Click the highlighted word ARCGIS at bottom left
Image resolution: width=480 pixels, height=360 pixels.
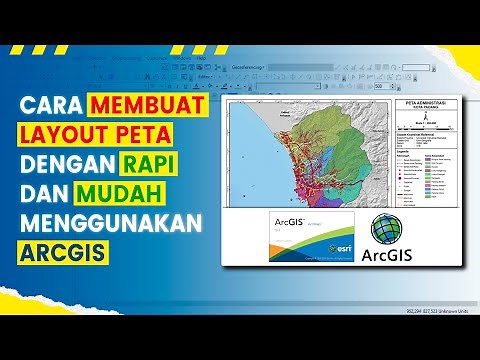coord(60,247)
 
